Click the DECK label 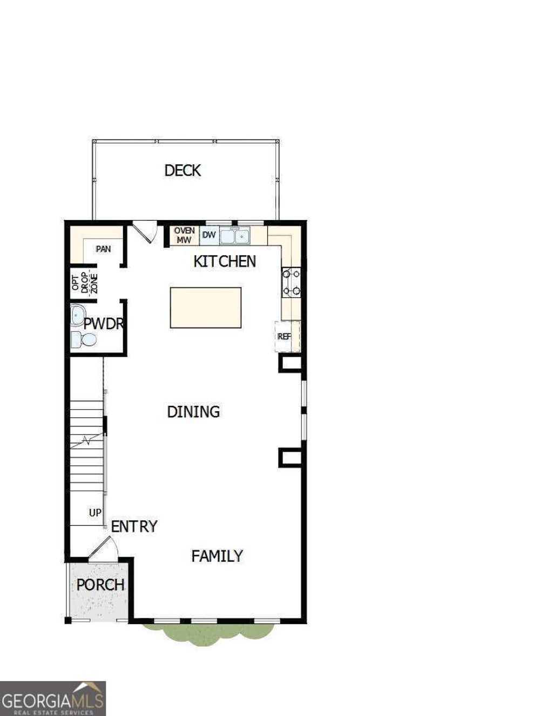pos(183,171)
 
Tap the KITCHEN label pos(225,262)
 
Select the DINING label pos(193,412)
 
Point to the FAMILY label pos(217,556)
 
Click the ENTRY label pos(134,526)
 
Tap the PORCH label pos(100,585)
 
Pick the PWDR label pos(103,324)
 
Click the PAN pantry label pos(103,249)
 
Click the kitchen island pos(206,307)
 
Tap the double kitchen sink pos(234,236)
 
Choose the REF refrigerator pos(285,336)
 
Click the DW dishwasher pos(209,235)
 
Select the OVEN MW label pos(184,236)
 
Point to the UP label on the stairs pos(95,512)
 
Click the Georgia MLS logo pos(53,698)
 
